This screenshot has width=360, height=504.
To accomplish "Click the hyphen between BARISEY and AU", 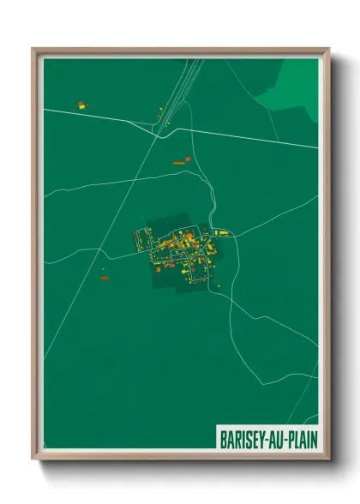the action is pos(261,435).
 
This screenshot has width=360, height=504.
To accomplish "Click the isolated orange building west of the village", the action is pos(104,278).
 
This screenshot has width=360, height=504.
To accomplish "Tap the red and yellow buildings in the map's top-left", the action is pos(82,105).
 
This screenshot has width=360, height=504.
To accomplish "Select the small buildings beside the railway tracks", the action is pos(159,110).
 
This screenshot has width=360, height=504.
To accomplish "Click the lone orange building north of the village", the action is pos(179,160).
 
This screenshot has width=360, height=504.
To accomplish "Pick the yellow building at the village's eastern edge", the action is pos(222,232).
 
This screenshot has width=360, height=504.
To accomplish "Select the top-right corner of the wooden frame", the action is pos(327,50).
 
